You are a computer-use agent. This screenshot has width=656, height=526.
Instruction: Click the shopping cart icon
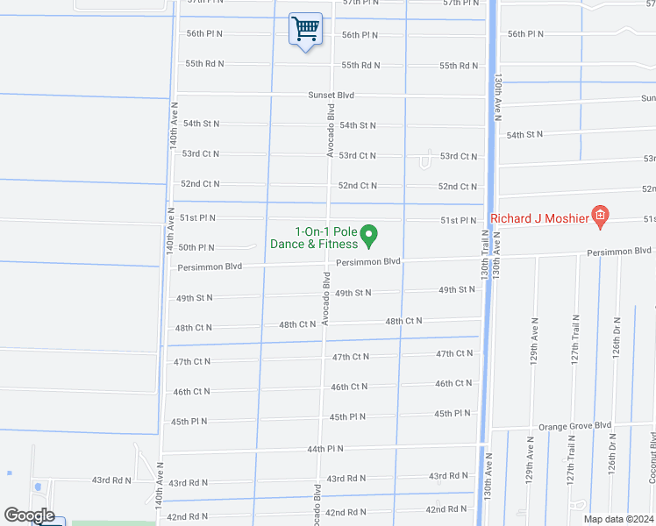point(305,31)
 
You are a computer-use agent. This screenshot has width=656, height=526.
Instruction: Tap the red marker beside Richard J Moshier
point(600,216)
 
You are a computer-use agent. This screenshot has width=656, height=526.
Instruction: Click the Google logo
point(29,515)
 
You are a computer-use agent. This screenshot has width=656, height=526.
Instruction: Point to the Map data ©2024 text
point(617,518)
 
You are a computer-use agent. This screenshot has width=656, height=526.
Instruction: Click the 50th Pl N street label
point(196,248)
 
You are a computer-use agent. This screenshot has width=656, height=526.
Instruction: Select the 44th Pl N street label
point(325,449)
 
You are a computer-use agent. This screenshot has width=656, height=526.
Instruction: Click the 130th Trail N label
point(484,255)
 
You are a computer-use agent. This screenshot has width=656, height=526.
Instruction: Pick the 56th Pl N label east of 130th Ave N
point(525,34)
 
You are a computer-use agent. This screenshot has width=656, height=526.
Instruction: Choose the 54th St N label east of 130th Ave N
point(524,134)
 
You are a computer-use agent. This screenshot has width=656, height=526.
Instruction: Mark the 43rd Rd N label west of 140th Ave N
point(112,480)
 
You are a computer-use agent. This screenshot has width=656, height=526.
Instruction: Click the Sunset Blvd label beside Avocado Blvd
point(331,95)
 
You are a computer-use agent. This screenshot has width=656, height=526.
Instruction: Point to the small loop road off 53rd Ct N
point(425,161)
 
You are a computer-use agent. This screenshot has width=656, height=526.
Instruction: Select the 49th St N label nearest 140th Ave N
point(195,298)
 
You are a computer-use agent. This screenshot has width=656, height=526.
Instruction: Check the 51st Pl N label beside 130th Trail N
point(458,221)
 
